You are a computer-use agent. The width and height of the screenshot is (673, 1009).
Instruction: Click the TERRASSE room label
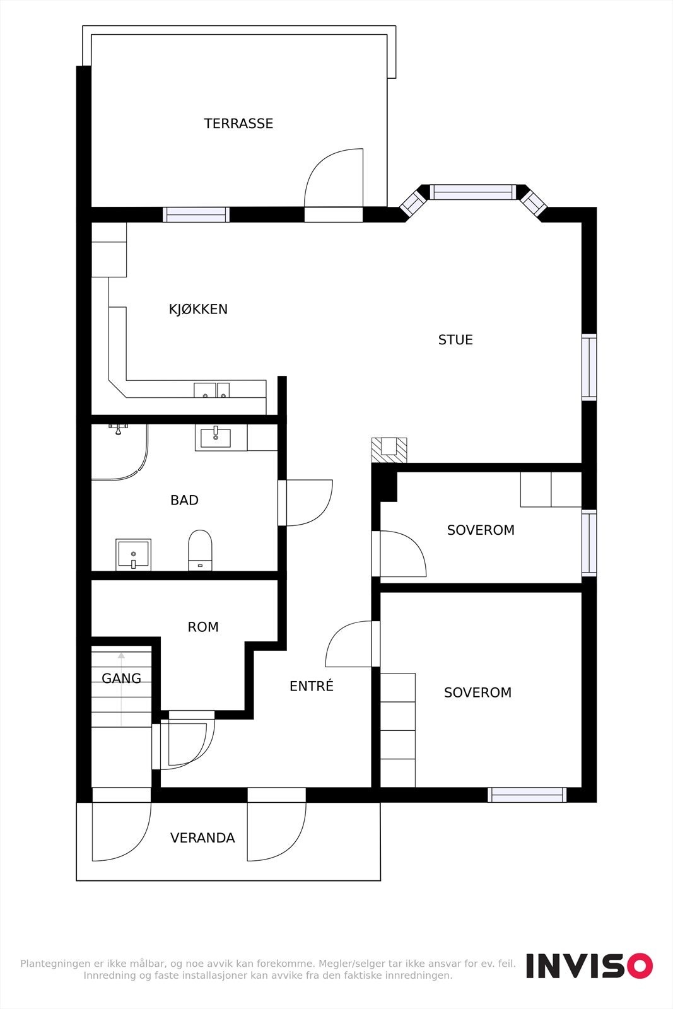(x=238, y=124)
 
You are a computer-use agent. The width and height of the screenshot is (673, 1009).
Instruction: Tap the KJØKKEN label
(x=198, y=309)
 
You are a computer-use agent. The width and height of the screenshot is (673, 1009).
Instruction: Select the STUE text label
(x=455, y=340)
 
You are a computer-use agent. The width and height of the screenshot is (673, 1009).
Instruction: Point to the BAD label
(x=184, y=500)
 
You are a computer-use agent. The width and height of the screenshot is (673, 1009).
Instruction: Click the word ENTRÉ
(x=311, y=686)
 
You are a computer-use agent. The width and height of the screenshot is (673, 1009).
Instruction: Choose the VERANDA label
(x=202, y=838)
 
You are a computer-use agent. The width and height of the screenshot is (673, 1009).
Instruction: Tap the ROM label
(x=203, y=627)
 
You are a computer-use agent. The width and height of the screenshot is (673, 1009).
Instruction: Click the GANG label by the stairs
(x=121, y=679)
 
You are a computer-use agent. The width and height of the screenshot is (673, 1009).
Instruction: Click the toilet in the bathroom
(x=200, y=550)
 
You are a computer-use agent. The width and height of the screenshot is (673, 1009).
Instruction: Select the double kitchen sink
(x=211, y=390)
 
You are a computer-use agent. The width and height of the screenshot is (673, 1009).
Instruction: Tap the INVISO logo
(x=589, y=965)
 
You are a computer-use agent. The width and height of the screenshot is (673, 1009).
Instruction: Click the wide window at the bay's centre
(x=473, y=192)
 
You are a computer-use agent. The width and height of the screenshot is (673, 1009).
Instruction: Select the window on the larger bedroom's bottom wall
(x=527, y=795)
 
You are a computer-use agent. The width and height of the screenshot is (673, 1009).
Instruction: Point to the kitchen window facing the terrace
(x=196, y=214)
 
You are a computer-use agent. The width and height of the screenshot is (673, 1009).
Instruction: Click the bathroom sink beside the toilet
(x=133, y=554)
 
